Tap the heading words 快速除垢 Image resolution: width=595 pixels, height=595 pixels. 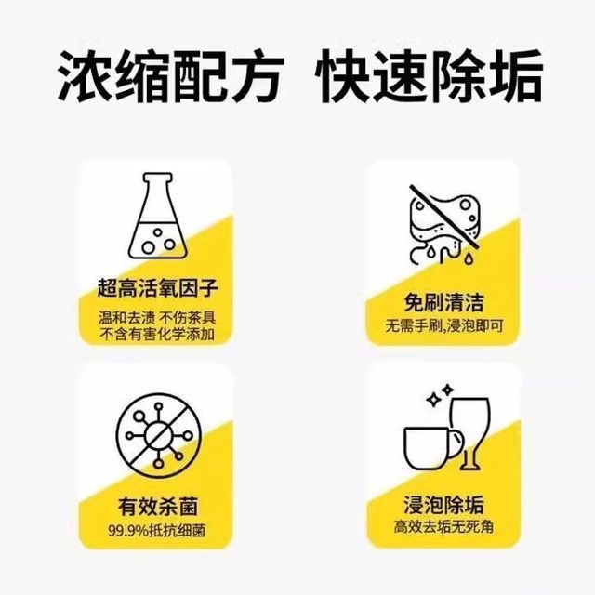tap(430, 77)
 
